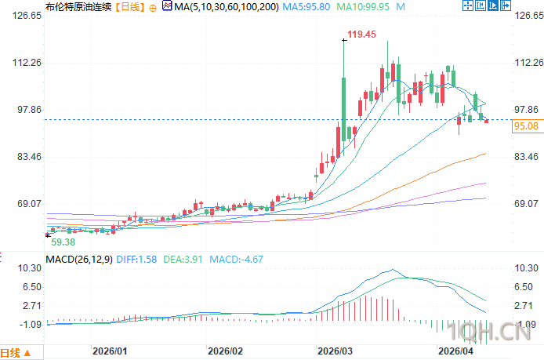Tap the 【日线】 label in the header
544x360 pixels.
point(132,7)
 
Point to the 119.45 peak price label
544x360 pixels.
point(362,35)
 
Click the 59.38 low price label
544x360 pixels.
point(63,242)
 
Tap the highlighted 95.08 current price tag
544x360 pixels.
point(524,125)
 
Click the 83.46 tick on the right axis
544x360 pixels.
point(524,157)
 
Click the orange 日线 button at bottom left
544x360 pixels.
point(16,352)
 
